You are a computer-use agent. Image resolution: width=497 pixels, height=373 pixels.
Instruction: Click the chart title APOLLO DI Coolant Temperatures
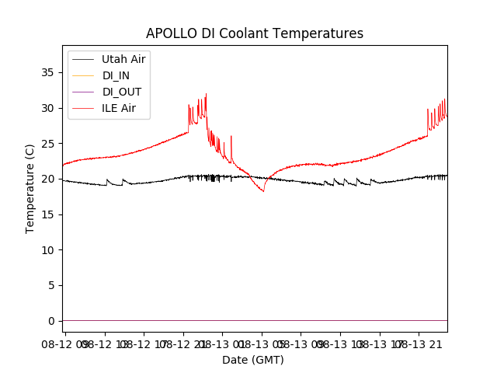tap(255, 34)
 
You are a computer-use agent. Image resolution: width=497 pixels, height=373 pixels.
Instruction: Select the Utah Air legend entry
tap(123, 59)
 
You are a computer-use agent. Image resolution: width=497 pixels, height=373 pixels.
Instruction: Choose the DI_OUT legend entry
tap(122, 92)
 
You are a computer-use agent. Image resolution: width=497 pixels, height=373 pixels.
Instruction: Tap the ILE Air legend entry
tap(119, 108)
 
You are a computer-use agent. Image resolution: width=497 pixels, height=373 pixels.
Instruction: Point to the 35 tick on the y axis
tap(48, 72)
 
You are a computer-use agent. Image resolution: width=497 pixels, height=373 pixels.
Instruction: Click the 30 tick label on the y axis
tap(48, 108)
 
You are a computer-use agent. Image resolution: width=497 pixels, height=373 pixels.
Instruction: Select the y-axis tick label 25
tap(48, 143)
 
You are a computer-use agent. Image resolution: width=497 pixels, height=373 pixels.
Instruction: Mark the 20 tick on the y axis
tap(48, 179)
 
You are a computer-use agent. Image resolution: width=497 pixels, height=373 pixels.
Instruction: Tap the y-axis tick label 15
tap(48, 214)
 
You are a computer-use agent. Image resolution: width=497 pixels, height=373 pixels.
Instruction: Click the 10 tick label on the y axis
tap(48, 249)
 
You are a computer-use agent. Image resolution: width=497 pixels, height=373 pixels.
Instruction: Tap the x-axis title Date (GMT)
tap(253, 360)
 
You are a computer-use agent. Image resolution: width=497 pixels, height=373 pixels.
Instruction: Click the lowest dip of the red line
tap(263, 190)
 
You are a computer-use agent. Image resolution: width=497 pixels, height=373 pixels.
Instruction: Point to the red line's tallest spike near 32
tap(206, 95)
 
